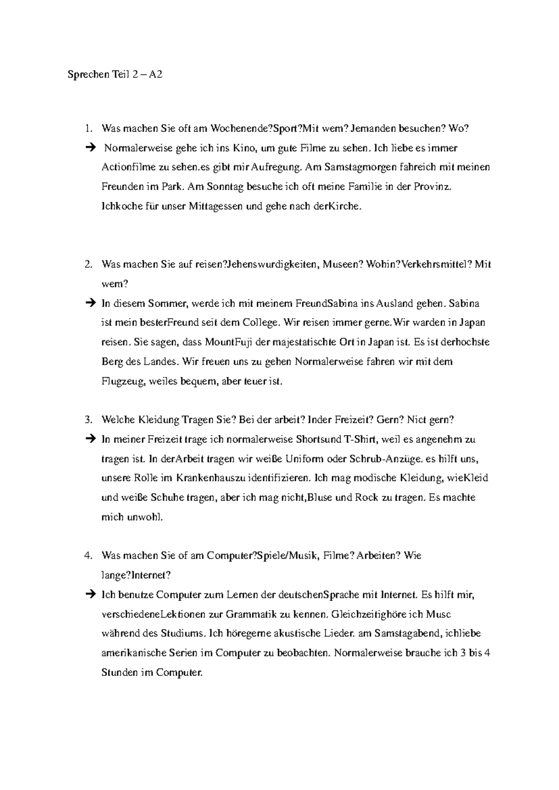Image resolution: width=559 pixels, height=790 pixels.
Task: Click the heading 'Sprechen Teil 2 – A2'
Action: coord(115,75)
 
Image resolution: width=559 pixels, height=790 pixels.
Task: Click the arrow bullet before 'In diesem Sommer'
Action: coord(89,304)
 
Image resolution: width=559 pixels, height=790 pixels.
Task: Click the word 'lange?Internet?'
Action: coord(136,575)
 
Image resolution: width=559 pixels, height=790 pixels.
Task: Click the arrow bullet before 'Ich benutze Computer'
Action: coord(89,595)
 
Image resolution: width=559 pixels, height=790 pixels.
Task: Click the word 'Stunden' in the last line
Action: coord(119,673)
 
